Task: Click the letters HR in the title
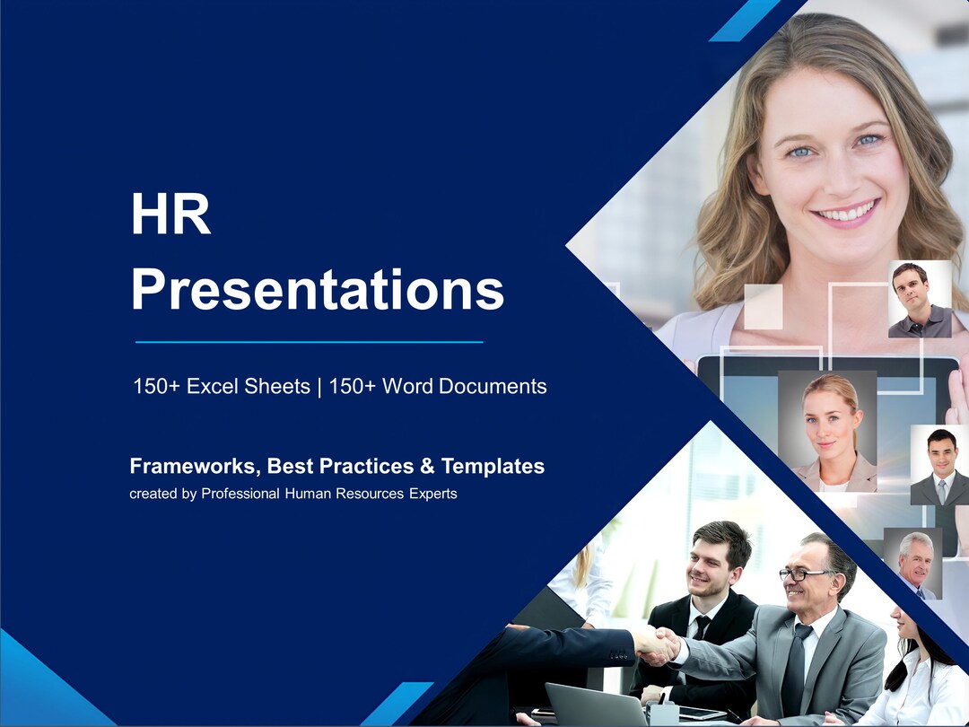coord(170,216)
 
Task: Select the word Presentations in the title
coord(317,290)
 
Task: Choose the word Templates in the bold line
coord(493,467)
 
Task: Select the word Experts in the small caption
coord(432,494)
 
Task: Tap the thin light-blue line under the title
coord(309,342)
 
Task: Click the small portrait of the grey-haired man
coord(913,562)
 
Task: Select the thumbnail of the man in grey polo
coord(919,299)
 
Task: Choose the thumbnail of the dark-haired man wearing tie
coord(939,465)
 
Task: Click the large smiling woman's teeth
coord(845,214)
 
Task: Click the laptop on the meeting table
coord(595,704)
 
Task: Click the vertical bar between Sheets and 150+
coord(319,387)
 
